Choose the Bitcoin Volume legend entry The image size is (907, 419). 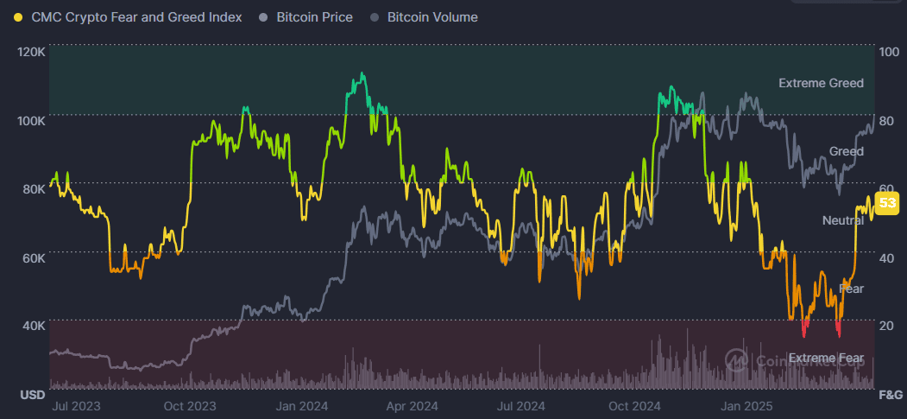pyautogui.click(x=432, y=17)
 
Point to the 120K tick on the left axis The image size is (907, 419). pyautogui.click(x=31, y=52)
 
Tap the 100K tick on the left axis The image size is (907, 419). pyautogui.click(x=31, y=120)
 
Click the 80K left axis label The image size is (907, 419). pyautogui.click(x=34, y=189)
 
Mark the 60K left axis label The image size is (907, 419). pyautogui.click(x=34, y=257)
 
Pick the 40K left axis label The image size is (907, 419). pyautogui.click(x=34, y=326)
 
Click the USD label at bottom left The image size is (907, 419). pyautogui.click(x=32, y=396)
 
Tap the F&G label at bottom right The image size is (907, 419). pyautogui.click(x=890, y=396)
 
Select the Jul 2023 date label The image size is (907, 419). pyautogui.click(x=75, y=405)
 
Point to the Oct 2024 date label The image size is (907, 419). pyautogui.click(x=634, y=405)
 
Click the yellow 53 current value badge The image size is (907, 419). pyautogui.click(x=887, y=204)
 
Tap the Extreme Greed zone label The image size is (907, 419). pyautogui.click(x=821, y=84)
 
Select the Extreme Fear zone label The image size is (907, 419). pyautogui.click(x=825, y=358)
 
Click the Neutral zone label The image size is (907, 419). pyautogui.click(x=843, y=221)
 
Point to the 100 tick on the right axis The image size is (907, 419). pyautogui.click(x=888, y=52)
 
